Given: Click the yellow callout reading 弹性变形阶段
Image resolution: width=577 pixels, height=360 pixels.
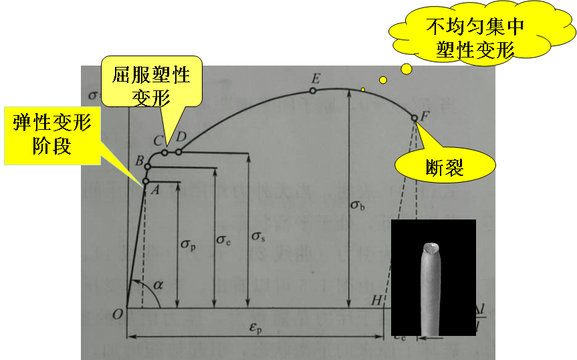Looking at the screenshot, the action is [51, 134].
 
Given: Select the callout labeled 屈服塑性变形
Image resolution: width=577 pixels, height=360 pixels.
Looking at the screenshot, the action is [152, 82].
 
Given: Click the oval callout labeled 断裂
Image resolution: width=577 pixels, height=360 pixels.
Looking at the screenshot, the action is [444, 166].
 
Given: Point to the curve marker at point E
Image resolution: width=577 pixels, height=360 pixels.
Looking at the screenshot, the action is [313, 89].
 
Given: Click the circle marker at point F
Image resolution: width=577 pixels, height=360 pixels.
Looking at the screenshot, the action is [415, 118].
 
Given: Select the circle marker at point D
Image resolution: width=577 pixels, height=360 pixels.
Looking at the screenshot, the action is [179, 152].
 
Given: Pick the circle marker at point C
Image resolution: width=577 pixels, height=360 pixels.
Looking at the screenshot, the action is [164, 152].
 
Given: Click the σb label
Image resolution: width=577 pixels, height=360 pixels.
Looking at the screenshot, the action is [358, 205].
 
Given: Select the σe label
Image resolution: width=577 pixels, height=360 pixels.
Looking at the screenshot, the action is [223, 238].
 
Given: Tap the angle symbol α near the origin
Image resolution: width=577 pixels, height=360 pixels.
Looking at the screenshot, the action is [157, 285].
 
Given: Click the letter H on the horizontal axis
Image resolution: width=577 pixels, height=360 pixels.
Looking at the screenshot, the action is [377, 301].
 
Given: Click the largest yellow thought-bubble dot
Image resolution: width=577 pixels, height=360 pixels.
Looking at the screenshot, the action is [406, 69].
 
